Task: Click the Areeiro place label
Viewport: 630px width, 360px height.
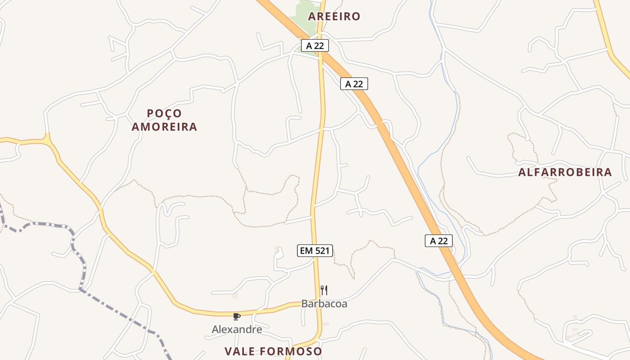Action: (x=334, y=17)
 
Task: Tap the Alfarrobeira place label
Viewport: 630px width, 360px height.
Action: (x=565, y=172)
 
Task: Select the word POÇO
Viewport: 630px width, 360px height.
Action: (x=164, y=113)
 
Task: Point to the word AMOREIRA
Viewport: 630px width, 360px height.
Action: (x=164, y=127)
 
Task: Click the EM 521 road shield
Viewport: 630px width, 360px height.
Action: (x=315, y=251)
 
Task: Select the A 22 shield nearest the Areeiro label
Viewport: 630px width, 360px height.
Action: (x=315, y=45)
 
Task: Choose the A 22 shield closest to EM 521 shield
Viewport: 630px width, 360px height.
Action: (x=439, y=241)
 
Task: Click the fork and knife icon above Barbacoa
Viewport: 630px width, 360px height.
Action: (x=324, y=290)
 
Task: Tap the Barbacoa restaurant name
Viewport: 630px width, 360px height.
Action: (x=324, y=304)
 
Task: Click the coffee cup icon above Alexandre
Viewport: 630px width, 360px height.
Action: (x=237, y=316)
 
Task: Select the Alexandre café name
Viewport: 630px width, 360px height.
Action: (x=237, y=329)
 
